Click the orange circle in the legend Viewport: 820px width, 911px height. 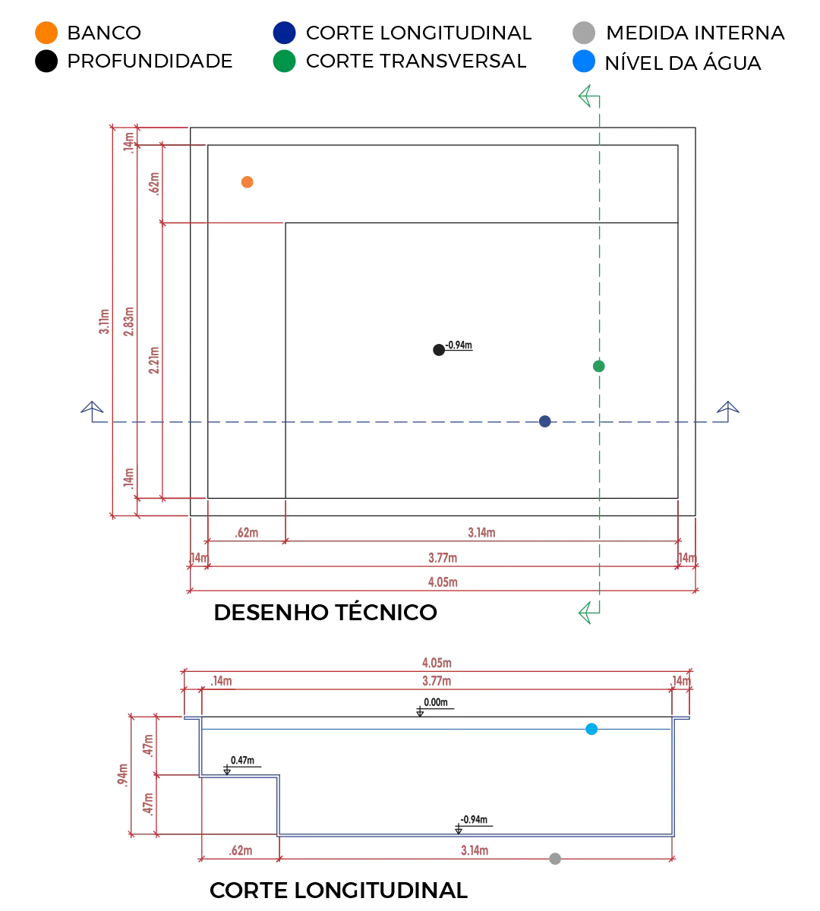[x=45, y=33]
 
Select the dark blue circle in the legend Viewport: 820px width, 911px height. [x=282, y=33]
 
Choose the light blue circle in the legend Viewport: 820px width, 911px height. [x=583, y=61]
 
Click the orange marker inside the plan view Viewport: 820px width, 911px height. [x=246, y=181]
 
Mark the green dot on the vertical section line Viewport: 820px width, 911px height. [x=598, y=367]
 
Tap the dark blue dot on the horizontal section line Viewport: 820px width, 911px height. [x=543, y=422]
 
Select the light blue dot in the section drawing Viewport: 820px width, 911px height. [x=591, y=730]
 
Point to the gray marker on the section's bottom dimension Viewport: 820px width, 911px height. [x=556, y=860]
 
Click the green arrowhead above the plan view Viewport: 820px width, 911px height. [x=587, y=97]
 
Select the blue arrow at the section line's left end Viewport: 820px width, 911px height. [x=92, y=410]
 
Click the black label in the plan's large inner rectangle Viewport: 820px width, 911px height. [x=453, y=348]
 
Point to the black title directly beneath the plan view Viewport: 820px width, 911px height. [x=325, y=613]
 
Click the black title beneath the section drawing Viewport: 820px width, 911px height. [x=336, y=890]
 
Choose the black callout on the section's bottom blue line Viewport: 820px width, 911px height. [x=475, y=823]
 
